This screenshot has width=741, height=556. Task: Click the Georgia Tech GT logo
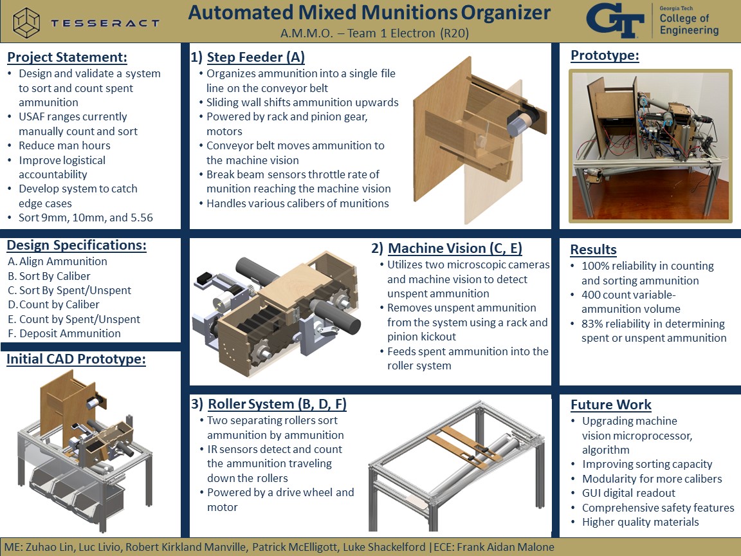pyautogui.click(x=615, y=21)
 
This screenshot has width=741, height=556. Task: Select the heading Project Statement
pyautogui.click(x=67, y=57)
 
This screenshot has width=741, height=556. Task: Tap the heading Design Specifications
pyautogui.click(x=76, y=245)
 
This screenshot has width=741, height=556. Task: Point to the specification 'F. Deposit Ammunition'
pyautogui.click(x=64, y=333)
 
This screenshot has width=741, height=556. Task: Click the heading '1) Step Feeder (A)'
pyautogui.click(x=248, y=57)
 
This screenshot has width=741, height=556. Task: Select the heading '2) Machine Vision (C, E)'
pyautogui.click(x=446, y=248)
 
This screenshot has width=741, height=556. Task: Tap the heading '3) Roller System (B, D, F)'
pyautogui.click(x=269, y=404)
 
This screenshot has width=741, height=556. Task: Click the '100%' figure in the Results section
pyautogui.click(x=595, y=266)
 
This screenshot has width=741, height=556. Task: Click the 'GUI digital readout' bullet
pyautogui.click(x=628, y=493)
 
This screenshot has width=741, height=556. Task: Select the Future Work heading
pyautogui.click(x=610, y=405)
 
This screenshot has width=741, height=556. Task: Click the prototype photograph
pyautogui.click(x=650, y=145)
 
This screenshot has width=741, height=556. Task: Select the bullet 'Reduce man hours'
pyautogui.click(x=64, y=145)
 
